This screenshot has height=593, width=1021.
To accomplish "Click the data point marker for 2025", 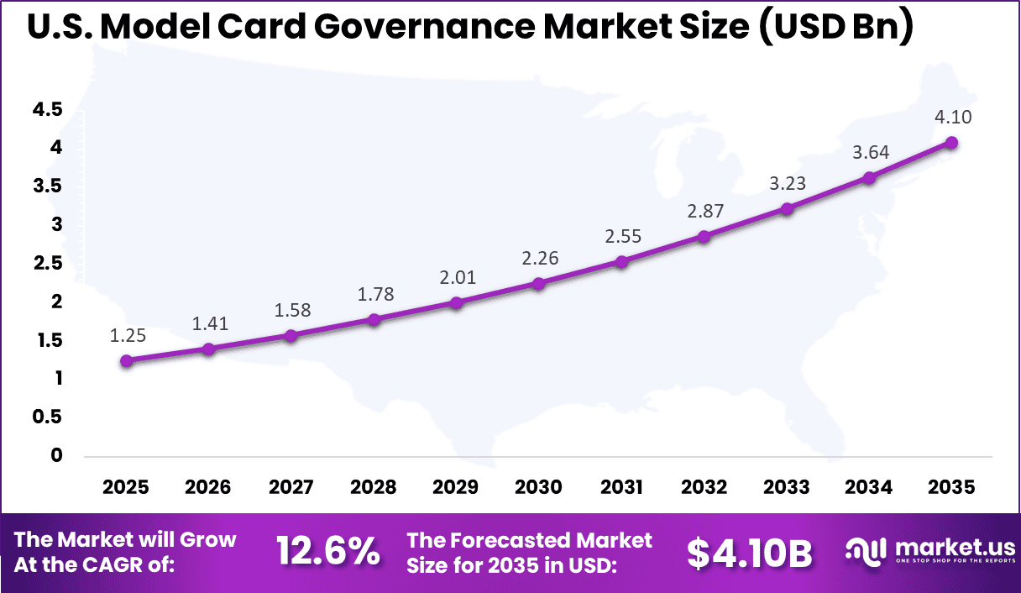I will pyautogui.click(x=126, y=361).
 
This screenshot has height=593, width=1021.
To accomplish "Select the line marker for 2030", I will pyautogui.click(x=538, y=284).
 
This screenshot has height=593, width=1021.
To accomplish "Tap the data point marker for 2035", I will pyautogui.click(x=951, y=143).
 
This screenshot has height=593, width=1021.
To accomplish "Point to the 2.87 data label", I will pyautogui.click(x=704, y=211).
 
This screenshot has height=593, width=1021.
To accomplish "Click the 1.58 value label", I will pyautogui.click(x=291, y=310).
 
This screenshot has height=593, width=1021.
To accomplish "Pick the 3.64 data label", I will pyautogui.click(x=870, y=152).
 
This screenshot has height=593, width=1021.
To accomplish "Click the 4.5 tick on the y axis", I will pyautogui.click(x=48, y=109).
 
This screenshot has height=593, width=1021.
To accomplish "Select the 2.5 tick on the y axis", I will pyautogui.click(x=48, y=264).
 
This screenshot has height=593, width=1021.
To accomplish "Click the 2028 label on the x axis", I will pyautogui.click(x=374, y=488).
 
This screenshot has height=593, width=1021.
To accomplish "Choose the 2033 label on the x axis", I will pyautogui.click(x=786, y=488).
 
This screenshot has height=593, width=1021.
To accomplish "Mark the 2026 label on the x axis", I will pyautogui.click(x=208, y=488).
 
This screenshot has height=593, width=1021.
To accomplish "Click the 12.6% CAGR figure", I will pyautogui.click(x=328, y=553).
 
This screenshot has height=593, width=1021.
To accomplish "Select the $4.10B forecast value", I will pyautogui.click(x=750, y=553).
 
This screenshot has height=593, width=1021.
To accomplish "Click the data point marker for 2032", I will pyautogui.click(x=704, y=237).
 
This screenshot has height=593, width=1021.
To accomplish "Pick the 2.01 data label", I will pyautogui.click(x=456, y=278).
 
